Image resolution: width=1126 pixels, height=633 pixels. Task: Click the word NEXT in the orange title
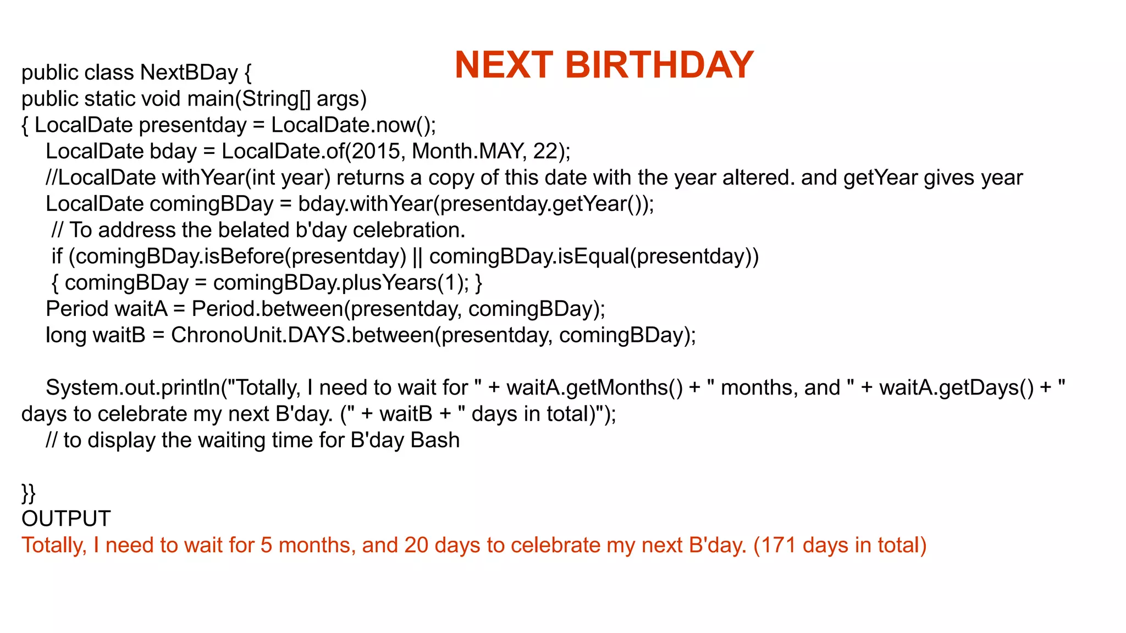(504, 65)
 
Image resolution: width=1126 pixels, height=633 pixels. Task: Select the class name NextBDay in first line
(189, 73)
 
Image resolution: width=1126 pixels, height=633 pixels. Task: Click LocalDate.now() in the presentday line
(352, 125)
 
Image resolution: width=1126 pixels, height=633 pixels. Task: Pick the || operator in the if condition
(417, 257)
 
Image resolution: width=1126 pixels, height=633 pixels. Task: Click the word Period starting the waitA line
(77, 309)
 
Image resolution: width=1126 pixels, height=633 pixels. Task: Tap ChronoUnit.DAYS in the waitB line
(258, 335)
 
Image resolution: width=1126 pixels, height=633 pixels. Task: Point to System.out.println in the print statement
(133, 388)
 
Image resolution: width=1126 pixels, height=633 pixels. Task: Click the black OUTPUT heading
(66, 519)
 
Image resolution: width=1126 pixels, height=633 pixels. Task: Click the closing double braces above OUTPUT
(28, 492)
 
